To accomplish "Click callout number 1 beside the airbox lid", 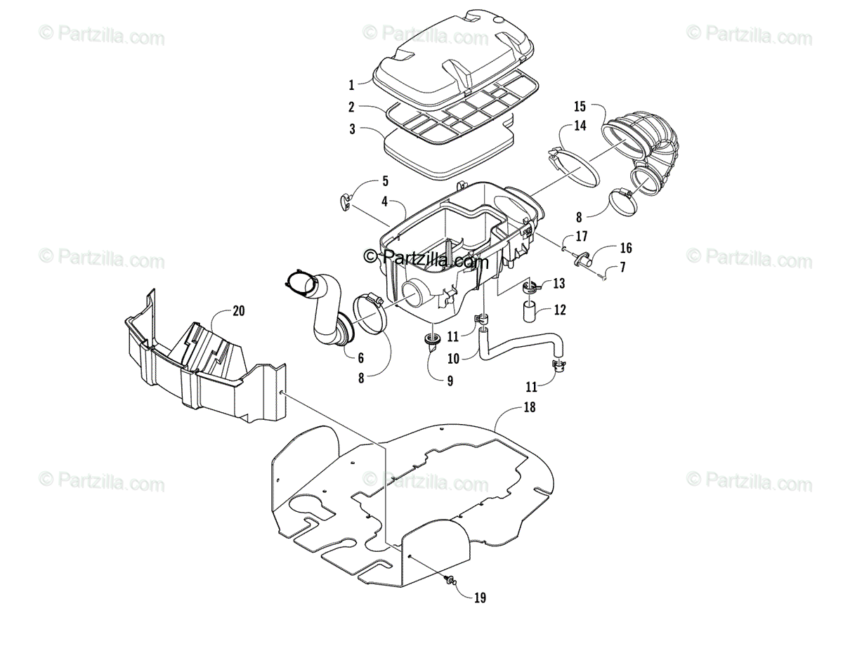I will pos(351,86).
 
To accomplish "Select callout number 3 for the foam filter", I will pos(351,129).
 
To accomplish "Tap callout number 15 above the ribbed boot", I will pos(580,107).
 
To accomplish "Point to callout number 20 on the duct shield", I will pos(239,310).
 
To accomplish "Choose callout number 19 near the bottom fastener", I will pos(480,598).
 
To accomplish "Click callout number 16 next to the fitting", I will pos(625,248).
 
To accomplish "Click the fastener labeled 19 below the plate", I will pos(450,579).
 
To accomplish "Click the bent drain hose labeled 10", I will pos(520,348).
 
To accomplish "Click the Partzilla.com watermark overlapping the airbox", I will pos(426,260).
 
